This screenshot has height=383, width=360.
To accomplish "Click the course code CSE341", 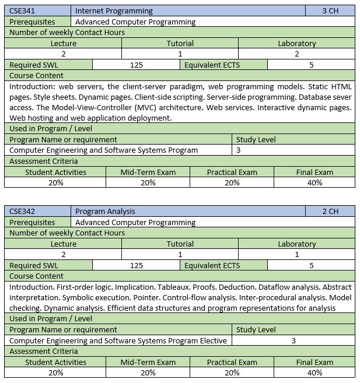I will click(x=22, y=11).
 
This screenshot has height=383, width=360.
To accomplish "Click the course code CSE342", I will click(x=22, y=212).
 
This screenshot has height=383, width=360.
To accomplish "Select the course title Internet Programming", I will click(x=114, y=11).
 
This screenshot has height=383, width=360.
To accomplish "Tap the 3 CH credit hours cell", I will click(x=330, y=11).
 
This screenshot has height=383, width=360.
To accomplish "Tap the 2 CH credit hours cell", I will click(x=330, y=212).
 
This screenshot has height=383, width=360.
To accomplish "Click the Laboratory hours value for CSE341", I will click(x=296, y=54).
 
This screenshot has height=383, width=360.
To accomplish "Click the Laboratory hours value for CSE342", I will click(x=296, y=255).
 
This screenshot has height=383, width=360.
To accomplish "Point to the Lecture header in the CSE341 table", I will click(x=63, y=44).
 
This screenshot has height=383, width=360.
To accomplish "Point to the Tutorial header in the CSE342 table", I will click(x=180, y=244).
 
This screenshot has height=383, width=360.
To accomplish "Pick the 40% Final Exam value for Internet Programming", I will click(x=314, y=183).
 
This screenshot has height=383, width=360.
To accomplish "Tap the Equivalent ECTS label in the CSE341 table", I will click(x=212, y=65).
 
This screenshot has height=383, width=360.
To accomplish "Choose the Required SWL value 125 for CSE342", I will click(x=137, y=266).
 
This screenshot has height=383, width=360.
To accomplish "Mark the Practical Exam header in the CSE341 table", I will click(x=232, y=173).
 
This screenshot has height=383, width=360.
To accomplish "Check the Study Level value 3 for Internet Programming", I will click(x=238, y=150).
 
